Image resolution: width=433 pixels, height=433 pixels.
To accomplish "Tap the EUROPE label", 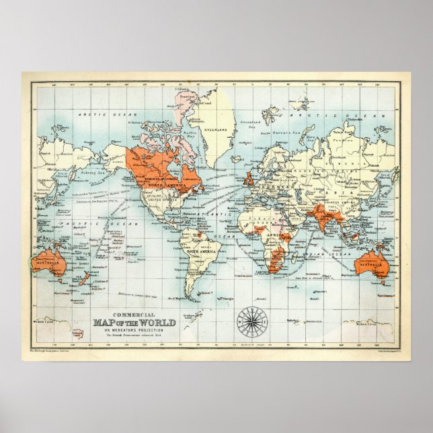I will click(270, 176).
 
